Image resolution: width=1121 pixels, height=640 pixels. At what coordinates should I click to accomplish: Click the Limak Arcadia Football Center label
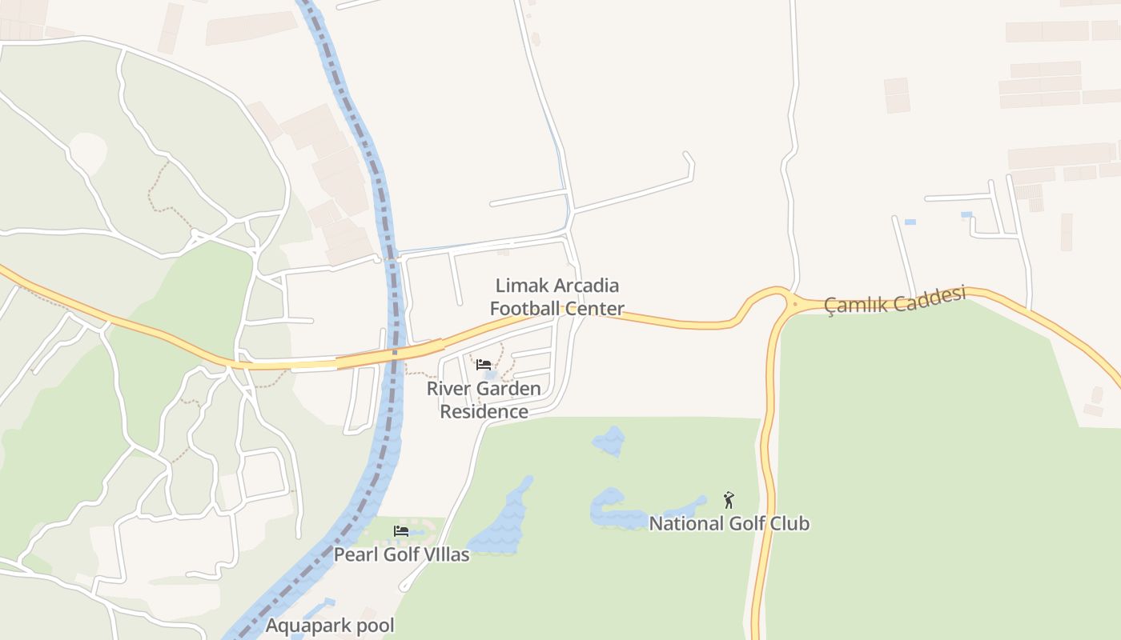[x=557, y=297]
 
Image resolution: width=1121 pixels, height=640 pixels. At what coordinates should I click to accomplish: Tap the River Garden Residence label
[x=484, y=400]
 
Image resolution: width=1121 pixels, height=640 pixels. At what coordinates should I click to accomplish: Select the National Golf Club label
[x=729, y=524]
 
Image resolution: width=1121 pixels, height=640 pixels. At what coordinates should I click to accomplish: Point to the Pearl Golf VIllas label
[x=401, y=554]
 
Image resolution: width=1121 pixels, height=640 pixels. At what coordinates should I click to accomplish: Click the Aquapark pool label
[x=330, y=626]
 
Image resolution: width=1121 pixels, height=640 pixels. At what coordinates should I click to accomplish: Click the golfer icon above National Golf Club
[x=729, y=501]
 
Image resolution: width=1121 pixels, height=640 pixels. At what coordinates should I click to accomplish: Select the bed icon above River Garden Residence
[x=484, y=365]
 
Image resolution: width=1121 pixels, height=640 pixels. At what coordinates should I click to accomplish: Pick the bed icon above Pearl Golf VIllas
[x=401, y=531]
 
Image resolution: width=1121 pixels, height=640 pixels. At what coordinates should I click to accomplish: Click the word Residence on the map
[x=484, y=412]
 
